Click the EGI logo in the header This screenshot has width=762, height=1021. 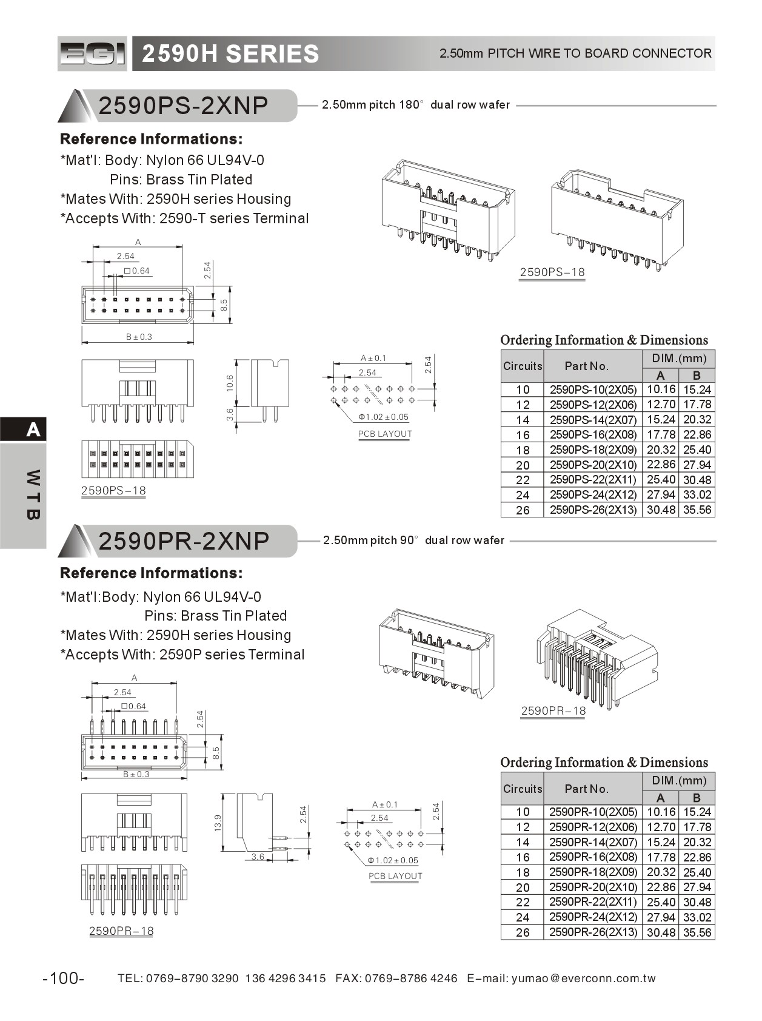point(92,53)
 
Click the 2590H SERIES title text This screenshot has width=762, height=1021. point(230,54)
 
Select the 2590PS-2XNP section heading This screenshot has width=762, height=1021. point(183,106)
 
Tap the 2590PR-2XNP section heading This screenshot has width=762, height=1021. point(183,541)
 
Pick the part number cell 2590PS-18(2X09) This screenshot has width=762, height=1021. point(593,450)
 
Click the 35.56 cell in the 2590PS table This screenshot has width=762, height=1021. point(697,510)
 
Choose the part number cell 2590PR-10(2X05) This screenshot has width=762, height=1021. point(593,812)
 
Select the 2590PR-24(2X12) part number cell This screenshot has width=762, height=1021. point(593,917)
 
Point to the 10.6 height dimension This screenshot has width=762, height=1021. point(230,383)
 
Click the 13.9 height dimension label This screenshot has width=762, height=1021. point(218,823)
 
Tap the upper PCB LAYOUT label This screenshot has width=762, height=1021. point(385,434)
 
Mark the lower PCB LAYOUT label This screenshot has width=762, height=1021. point(395,876)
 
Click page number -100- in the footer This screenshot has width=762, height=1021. point(64,978)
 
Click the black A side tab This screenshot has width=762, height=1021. point(33,430)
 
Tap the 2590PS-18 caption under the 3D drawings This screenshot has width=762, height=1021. point(552,272)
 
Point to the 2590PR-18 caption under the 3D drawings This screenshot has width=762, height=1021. point(553,710)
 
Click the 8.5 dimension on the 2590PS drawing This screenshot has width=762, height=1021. point(224,305)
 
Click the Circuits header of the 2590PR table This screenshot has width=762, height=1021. point(523,789)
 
